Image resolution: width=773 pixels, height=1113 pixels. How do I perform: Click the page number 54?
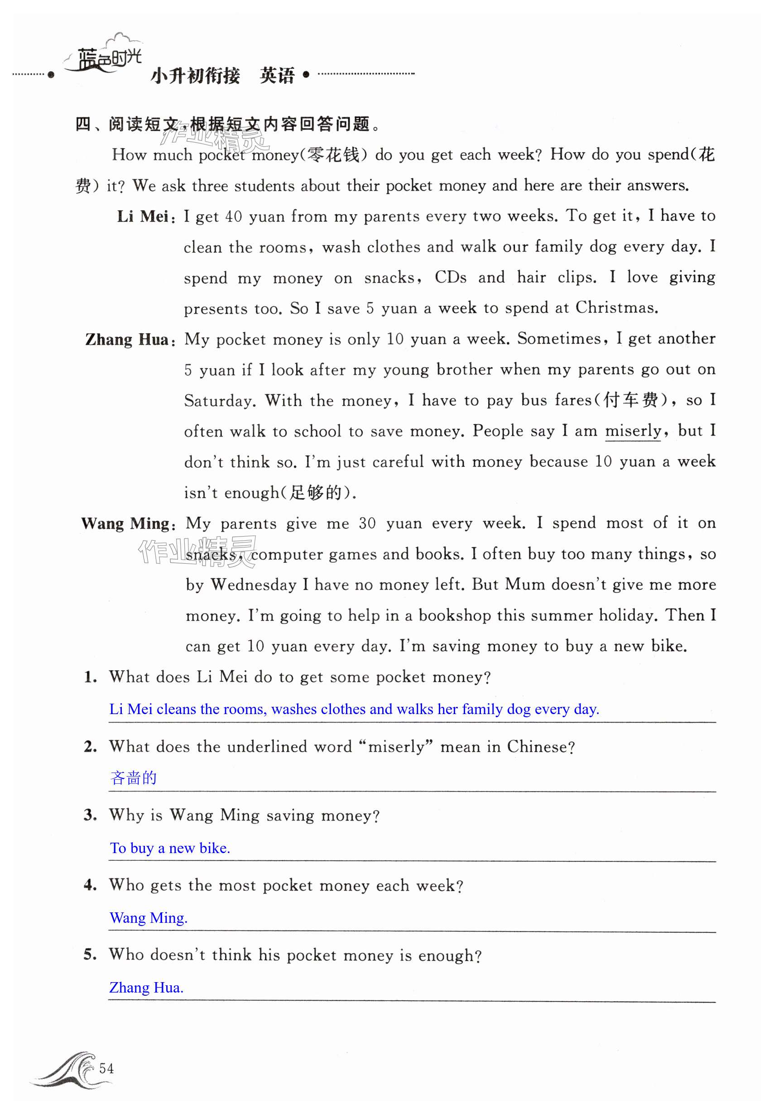coord(106,1068)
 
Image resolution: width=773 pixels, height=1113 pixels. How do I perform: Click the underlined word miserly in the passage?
coord(633,431)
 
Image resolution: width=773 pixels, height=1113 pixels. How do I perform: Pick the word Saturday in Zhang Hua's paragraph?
coord(220,401)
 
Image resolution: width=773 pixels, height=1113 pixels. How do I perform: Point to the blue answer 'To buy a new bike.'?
coord(170,848)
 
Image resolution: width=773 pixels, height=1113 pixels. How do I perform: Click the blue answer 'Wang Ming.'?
coord(148,918)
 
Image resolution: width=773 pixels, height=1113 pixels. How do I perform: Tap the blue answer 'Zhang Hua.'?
coord(146,988)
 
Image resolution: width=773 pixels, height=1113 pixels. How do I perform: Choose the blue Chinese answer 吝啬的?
coord(134,778)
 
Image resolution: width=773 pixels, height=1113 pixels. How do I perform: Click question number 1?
coord(90,677)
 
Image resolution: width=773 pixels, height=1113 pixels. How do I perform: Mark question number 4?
coord(90,885)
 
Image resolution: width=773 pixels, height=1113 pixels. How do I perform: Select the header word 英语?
coord(277,76)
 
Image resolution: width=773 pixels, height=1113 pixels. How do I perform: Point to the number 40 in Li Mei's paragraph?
coord(234,216)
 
